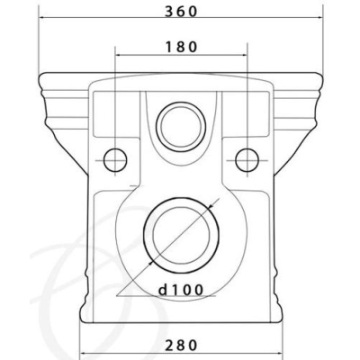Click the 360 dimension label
click(x=181, y=12)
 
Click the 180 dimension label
click(x=181, y=47)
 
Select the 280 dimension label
click(x=181, y=345)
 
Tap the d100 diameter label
click(x=181, y=290)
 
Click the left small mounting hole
click(x=115, y=160)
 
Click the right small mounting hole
click(x=247, y=160)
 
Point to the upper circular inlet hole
click(x=181, y=127)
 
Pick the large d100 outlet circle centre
click(x=181, y=235)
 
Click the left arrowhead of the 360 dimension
click(x=42, y=17)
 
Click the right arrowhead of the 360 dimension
click(x=320, y=17)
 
